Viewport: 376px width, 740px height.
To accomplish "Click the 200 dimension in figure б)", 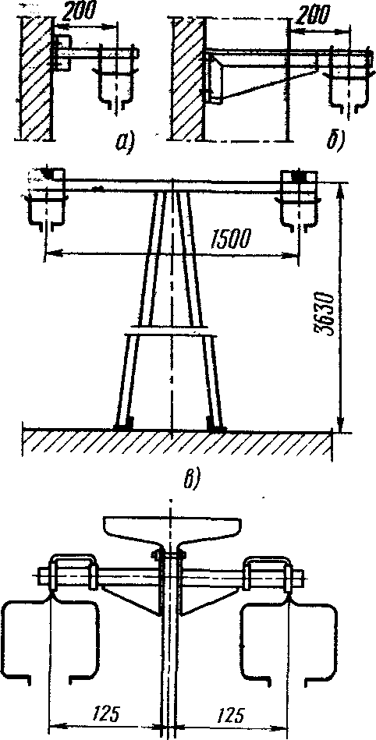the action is (x=312, y=15).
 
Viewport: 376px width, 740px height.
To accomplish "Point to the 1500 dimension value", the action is (x=228, y=241).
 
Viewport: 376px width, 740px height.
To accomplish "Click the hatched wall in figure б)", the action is (x=188, y=79).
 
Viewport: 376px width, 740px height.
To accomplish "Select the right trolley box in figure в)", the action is (x=300, y=198).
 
